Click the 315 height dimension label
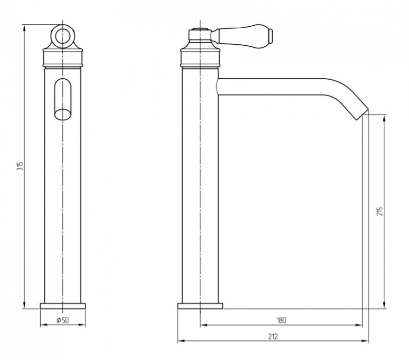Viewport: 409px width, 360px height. (x=21, y=166)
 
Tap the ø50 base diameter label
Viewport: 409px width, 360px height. (x=63, y=320)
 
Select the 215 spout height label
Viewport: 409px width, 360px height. (x=380, y=211)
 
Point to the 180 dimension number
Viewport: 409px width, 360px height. (x=281, y=320)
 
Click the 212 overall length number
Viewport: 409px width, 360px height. (x=273, y=336)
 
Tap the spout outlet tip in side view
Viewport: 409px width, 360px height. (x=362, y=114)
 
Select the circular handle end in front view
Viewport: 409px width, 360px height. (x=63, y=37)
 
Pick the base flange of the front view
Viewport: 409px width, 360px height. (x=63, y=306)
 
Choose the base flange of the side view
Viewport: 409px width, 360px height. (x=200, y=306)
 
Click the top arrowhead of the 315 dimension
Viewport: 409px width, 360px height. (x=24, y=28)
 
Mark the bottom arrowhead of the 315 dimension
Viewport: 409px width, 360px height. (x=24, y=305)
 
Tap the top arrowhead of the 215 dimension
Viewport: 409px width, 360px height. (x=384, y=118)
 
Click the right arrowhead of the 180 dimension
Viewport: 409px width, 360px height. (x=359, y=325)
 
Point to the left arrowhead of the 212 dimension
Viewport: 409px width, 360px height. (x=181, y=340)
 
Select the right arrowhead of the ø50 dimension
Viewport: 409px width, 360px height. (x=82, y=325)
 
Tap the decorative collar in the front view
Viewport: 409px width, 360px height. (x=63, y=58)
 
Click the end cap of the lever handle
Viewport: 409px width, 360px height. (x=271, y=36)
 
